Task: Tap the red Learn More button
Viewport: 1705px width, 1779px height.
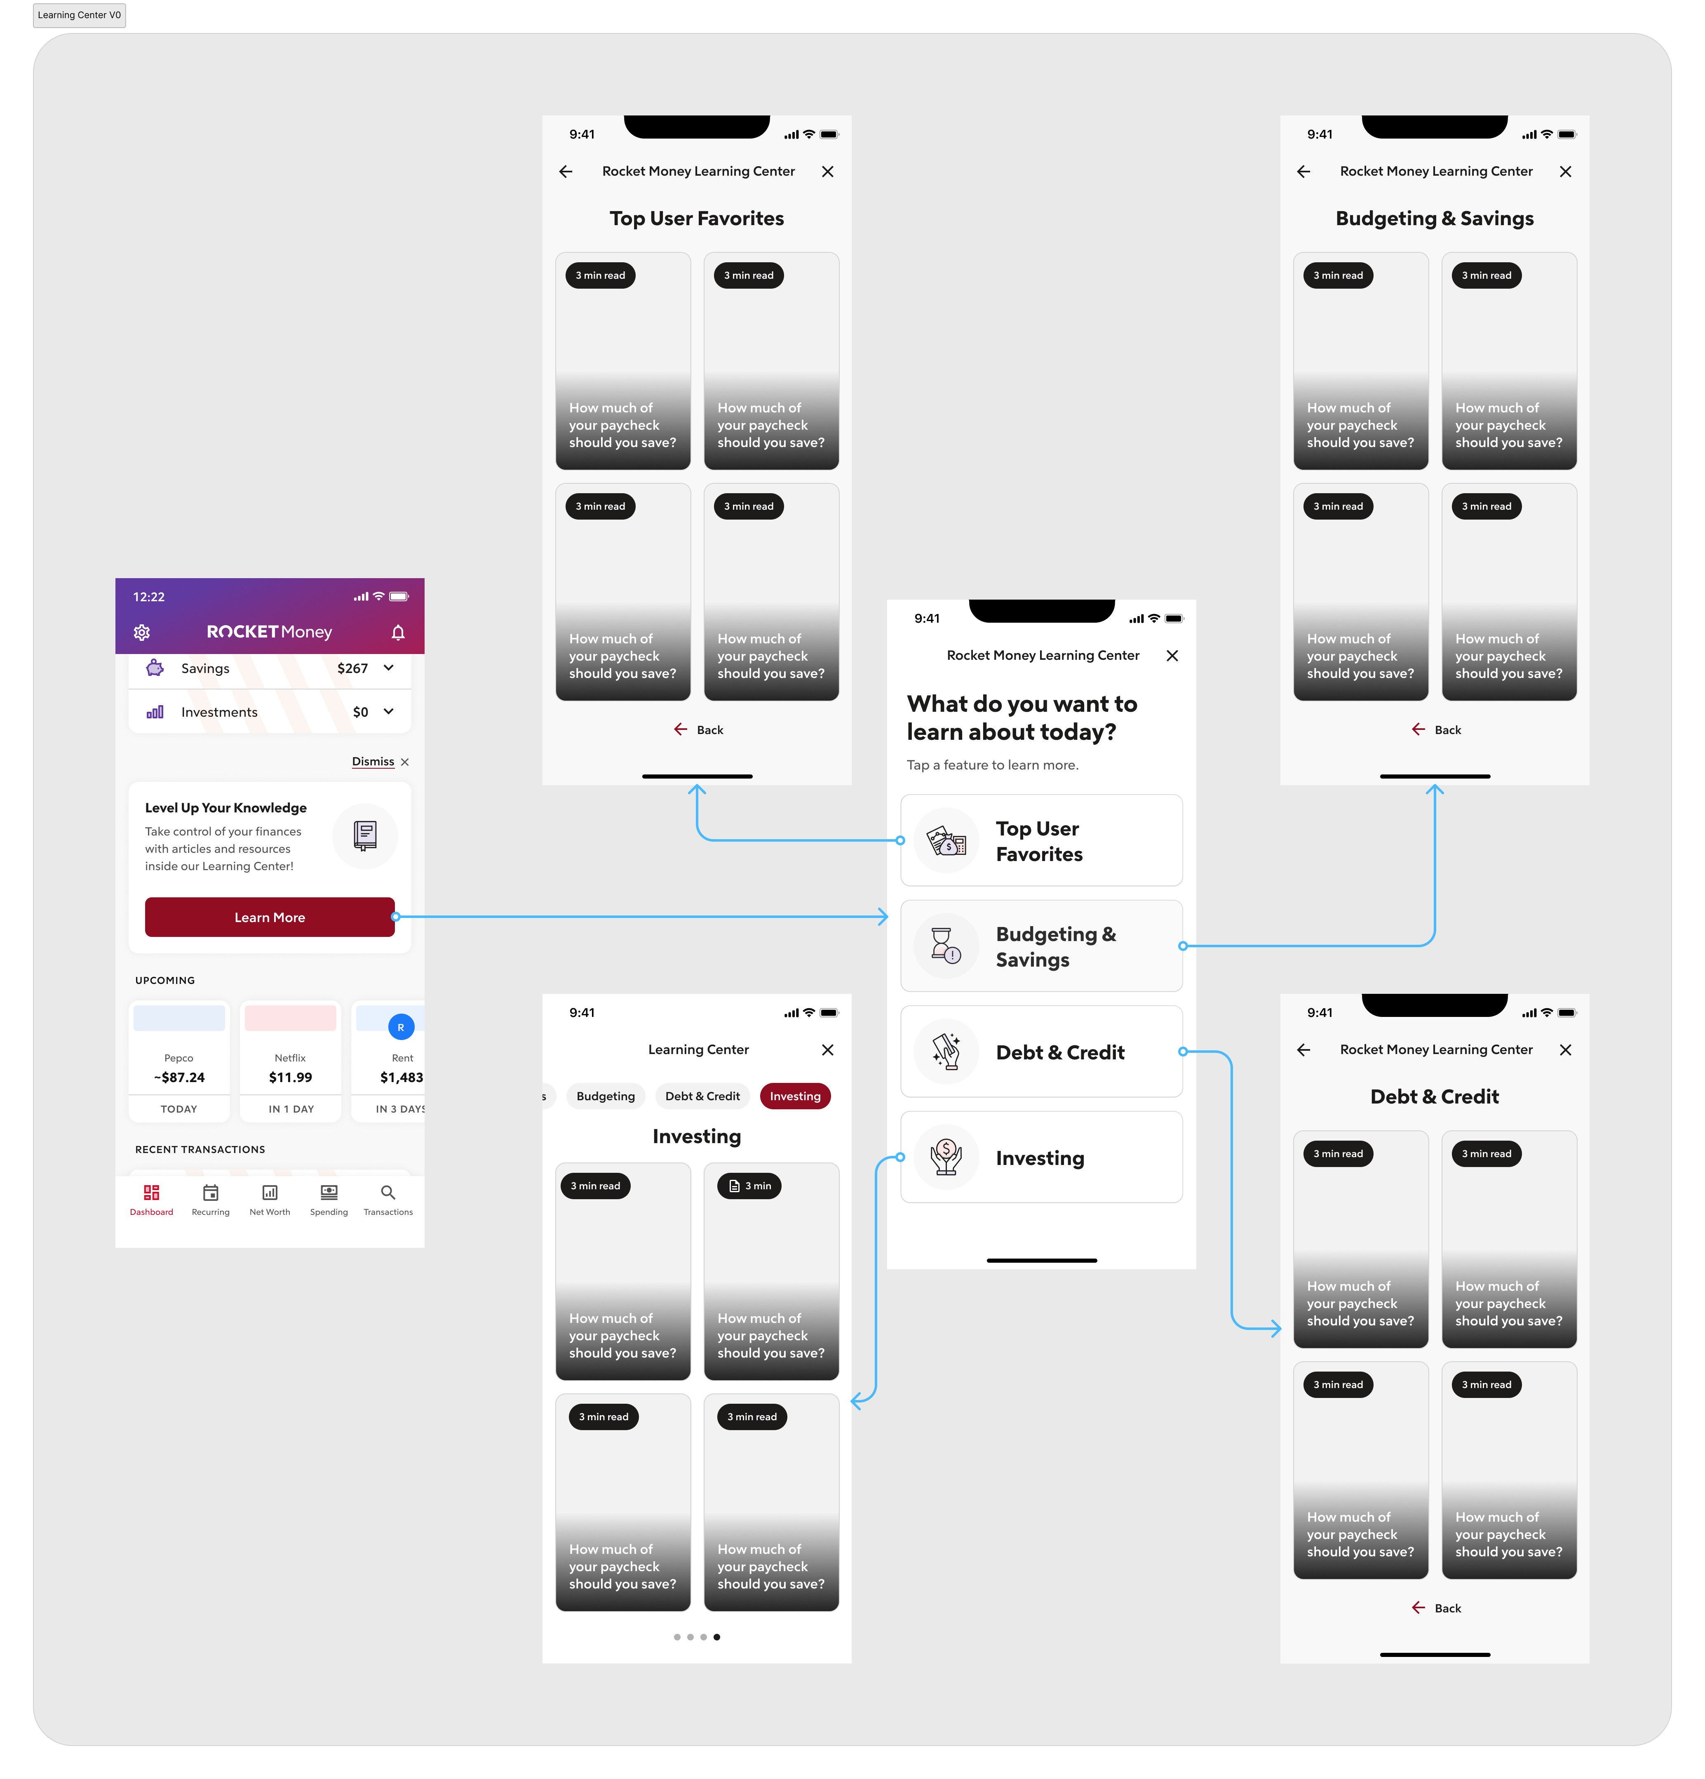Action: coord(270,917)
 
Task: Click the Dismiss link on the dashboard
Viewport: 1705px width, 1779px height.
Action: coord(373,762)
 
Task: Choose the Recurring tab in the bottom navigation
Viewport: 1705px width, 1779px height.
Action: coord(211,1199)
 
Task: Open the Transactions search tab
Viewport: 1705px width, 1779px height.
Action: coord(387,1199)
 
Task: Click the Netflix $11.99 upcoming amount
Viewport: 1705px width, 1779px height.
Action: coord(290,1078)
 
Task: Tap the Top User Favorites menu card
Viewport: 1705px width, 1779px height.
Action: coord(1041,840)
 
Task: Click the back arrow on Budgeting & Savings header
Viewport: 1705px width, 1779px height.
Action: coord(1304,172)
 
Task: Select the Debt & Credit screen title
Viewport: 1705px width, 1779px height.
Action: coord(1435,1097)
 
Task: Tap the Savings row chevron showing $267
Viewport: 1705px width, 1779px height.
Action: coord(388,668)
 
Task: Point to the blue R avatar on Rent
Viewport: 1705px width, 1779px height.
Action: coord(401,1028)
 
